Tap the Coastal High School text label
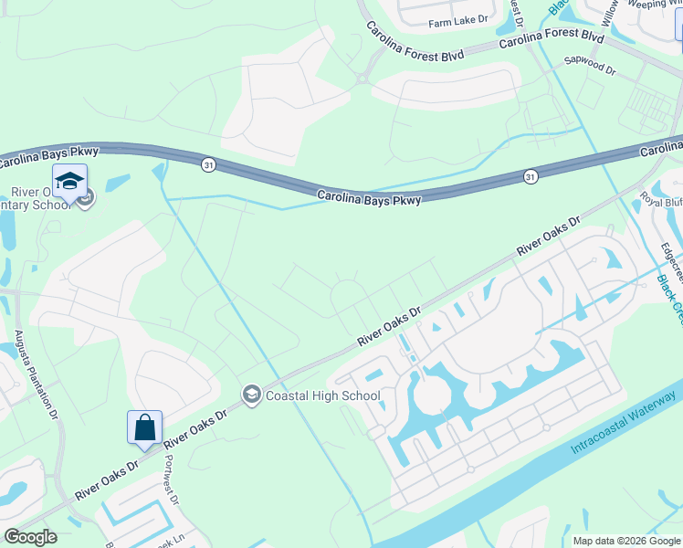[322, 395]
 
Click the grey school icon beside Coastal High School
[251, 395]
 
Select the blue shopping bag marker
[144, 427]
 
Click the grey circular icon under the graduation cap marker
[85, 197]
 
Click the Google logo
[30, 537]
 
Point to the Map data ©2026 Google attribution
[626, 541]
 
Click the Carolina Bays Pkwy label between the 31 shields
[369, 196]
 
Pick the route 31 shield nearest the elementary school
[209, 164]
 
